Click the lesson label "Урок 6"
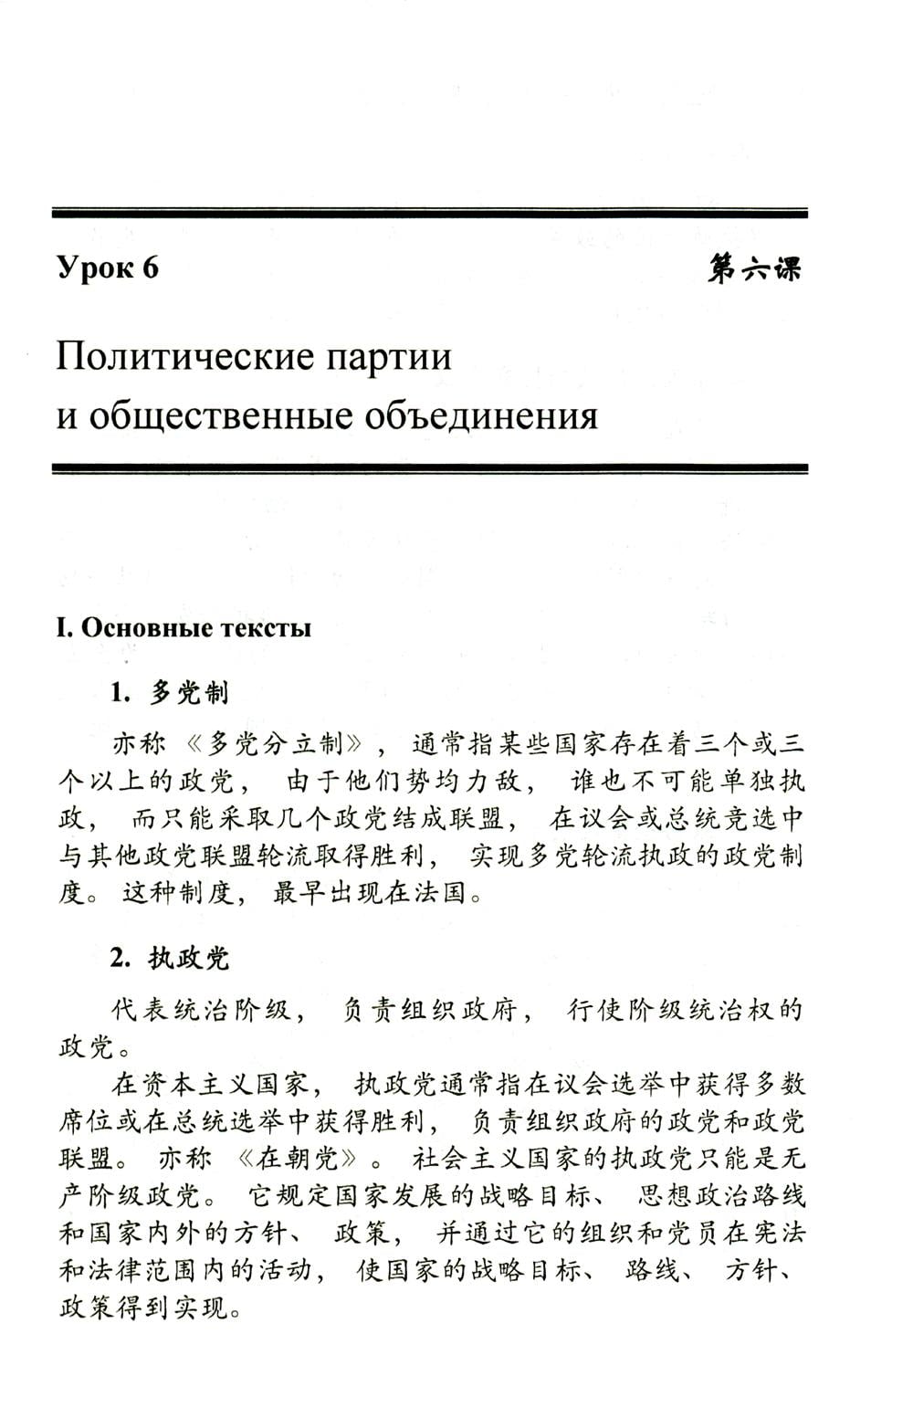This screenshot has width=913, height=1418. click(x=108, y=268)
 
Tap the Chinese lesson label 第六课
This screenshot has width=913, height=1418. click(x=754, y=268)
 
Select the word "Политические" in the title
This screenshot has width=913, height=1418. click(x=178, y=356)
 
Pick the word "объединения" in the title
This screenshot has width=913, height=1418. click(x=481, y=415)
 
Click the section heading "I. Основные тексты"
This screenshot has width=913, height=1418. click(x=184, y=628)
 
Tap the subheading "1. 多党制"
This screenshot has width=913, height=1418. click(x=170, y=693)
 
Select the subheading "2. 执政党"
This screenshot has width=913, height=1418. click(x=170, y=958)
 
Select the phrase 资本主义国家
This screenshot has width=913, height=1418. click(x=209, y=1085)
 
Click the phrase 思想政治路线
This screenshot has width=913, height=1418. click(x=721, y=1196)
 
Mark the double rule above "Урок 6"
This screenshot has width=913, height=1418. click(x=430, y=214)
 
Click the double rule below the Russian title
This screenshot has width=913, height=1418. click(x=430, y=468)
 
